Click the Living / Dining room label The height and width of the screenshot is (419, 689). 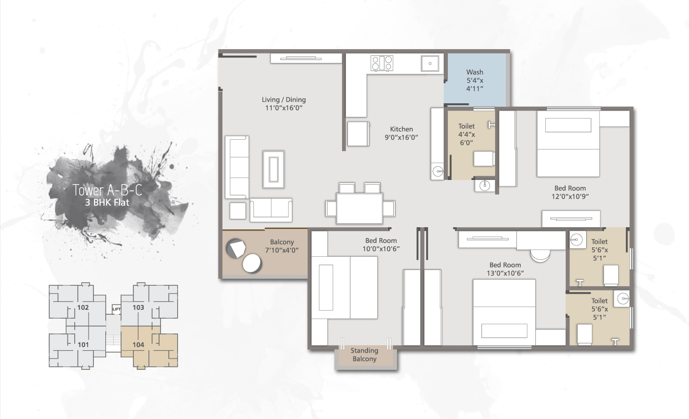click(x=283, y=103)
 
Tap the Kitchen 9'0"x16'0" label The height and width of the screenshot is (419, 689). click(x=401, y=133)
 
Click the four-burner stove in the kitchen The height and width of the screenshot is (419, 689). click(x=382, y=63)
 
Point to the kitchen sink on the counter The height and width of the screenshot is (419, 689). click(x=430, y=63)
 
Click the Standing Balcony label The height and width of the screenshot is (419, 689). click(x=364, y=355)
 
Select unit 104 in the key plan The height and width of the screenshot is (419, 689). click(x=138, y=345)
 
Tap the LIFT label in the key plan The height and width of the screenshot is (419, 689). click(x=117, y=309)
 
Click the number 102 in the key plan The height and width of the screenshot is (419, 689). click(x=83, y=307)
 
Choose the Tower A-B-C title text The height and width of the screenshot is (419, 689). click(x=107, y=190)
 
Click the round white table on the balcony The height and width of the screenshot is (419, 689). click(x=252, y=263)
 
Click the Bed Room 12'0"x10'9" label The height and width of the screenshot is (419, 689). click(x=570, y=192)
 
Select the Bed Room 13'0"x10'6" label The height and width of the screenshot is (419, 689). click(x=505, y=269)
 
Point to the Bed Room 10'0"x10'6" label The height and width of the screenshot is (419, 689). click(x=380, y=244)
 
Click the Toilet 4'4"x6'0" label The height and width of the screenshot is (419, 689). click(x=466, y=134)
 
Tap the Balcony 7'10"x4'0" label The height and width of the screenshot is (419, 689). click(x=282, y=246)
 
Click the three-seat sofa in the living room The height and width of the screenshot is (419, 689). click(x=237, y=167)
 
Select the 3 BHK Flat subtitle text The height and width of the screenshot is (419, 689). click(x=107, y=202)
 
